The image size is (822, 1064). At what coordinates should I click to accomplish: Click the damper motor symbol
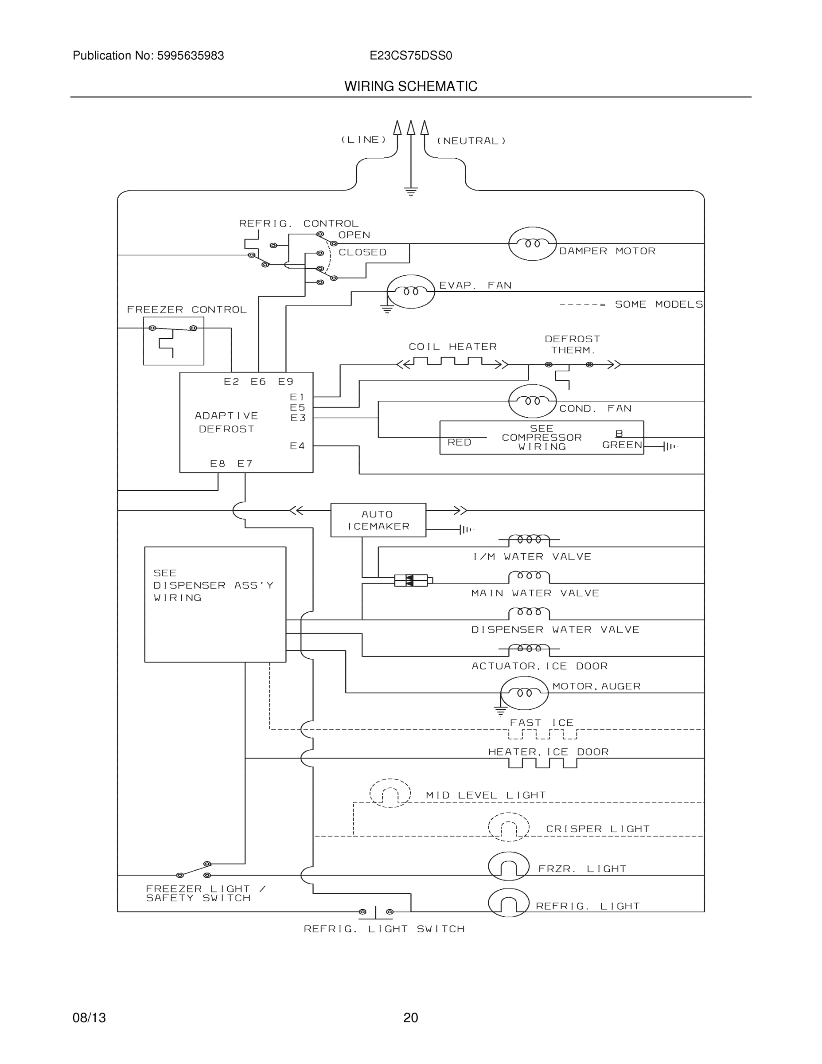pos(532,243)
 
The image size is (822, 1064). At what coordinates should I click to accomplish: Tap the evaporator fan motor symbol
pos(410,291)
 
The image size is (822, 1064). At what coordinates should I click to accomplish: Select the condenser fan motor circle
pos(532,401)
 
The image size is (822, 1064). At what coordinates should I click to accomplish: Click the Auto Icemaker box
pos(378,520)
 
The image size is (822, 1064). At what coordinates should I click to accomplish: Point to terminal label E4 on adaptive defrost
pos(297,446)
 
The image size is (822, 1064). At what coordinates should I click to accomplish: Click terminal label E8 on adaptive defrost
pos(218,463)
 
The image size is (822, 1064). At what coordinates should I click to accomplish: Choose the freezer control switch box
pos(173,341)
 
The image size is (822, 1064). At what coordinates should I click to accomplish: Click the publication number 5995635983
pos(191,55)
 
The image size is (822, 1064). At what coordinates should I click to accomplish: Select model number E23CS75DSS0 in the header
pos(410,55)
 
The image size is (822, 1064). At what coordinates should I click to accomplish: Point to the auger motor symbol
pos(525,693)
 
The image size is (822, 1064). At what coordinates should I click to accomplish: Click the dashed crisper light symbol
pos(508,827)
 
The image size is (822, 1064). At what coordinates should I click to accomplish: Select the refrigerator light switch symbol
pos(376,911)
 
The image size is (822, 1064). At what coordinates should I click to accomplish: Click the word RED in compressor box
pos(459,442)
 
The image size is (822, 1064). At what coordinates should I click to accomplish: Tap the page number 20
pos(410,1018)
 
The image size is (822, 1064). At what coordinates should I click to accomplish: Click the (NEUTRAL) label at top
pos(471,141)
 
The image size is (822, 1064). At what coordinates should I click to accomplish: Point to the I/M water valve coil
pos(530,540)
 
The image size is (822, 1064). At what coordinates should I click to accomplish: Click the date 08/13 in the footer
pos(89,1018)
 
